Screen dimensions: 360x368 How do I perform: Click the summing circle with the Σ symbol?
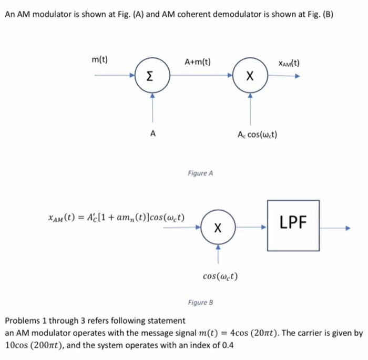pos(151,77)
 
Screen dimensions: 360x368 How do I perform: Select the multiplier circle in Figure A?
pos(250,77)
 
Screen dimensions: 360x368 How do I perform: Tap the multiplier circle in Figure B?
pos(218,228)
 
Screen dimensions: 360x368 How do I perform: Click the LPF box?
pos(293,224)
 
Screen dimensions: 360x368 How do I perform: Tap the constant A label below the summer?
pos(152,133)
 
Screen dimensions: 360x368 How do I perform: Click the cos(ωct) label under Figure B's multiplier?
pos(220,275)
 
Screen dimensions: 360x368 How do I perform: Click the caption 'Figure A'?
pos(200,173)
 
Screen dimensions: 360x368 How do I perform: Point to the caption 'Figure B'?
pos(200,303)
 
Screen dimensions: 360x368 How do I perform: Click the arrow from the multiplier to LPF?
pos(251,228)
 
